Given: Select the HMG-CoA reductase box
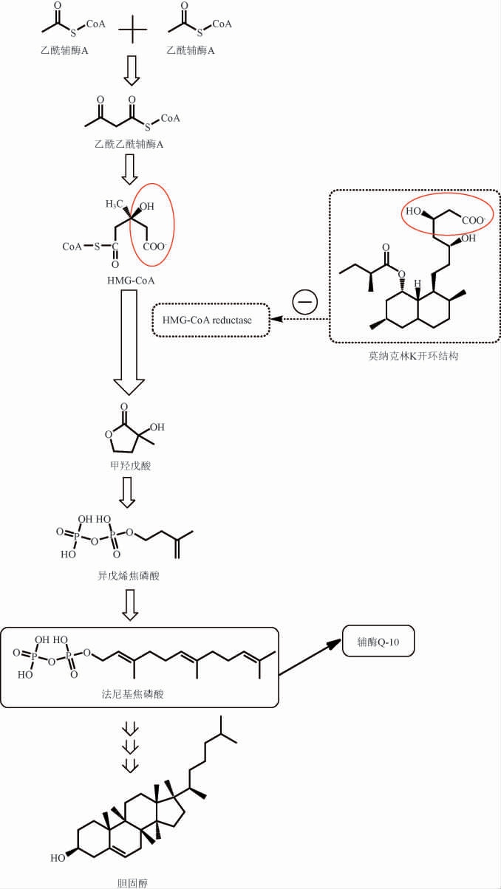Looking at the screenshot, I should point(210,319).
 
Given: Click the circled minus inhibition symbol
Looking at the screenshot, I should point(304,301).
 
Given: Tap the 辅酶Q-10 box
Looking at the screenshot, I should point(378,642).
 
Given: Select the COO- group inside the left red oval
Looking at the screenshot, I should point(154,247).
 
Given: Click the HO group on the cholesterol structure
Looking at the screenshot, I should point(58,859).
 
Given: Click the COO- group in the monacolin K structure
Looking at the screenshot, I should point(474,219).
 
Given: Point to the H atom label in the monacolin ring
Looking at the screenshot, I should point(417,283).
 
